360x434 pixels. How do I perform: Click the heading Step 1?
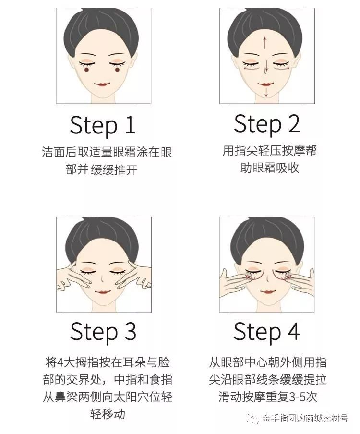pyautogui.click(x=103, y=125)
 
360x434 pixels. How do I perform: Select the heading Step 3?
pyautogui.click(x=103, y=332)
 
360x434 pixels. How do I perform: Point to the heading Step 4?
pyautogui.click(x=266, y=332)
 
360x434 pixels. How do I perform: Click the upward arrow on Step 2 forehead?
pyautogui.click(x=265, y=43)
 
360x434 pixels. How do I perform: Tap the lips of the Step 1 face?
pyautogui.click(x=103, y=84)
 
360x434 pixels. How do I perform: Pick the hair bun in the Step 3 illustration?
pyautogui.click(x=103, y=226)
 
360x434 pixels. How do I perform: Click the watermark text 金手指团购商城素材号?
pyautogui.click(x=304, y=419)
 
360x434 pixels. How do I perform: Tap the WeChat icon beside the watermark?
pyautogui.click(x=252, y=419)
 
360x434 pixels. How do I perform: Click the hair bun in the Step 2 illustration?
pyautogui.click(x=266, y=19)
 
